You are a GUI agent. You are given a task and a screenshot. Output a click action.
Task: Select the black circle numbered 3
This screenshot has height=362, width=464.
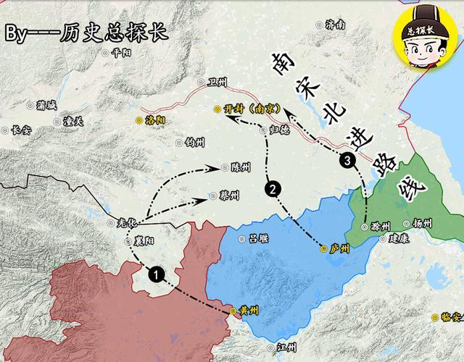coord(351,161)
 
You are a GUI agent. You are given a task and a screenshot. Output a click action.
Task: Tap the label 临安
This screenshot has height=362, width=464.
coord(451,316)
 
